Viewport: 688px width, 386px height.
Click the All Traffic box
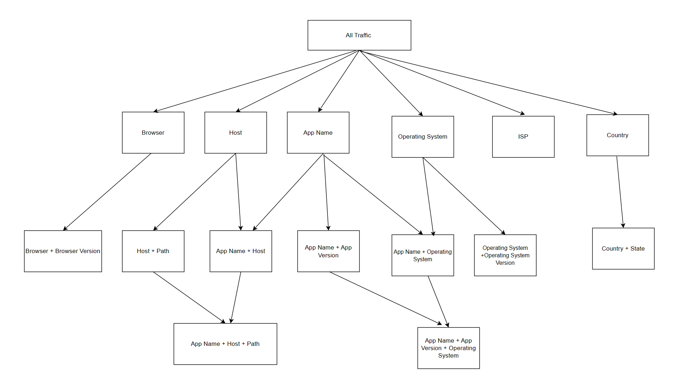tap(359, 35)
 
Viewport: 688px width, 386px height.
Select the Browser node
tap(153, 133)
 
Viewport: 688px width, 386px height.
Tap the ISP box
tap(523, 136)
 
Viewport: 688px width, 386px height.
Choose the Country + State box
tap(623, 248)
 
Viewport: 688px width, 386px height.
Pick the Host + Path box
tap(153, 251)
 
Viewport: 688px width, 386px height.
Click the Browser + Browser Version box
tap(63, 251)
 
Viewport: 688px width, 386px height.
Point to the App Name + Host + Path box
tap(225, 344)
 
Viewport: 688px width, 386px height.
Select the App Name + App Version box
tap(328, 251)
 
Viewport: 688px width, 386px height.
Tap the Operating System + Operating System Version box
tap(505, 255)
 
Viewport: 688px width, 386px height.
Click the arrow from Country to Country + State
tap(620, 192)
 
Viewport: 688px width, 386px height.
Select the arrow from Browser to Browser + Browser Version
tap(107, 192)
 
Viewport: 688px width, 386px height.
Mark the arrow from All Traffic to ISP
tap(442, 82)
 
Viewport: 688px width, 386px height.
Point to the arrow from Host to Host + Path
tap(194, 192)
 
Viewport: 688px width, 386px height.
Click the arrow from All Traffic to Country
tap(489, 82)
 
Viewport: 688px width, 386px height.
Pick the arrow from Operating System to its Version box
tap(464, 196)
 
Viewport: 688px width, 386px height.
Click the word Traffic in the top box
tap(363, 35)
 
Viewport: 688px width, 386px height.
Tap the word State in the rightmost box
tap(638, 248)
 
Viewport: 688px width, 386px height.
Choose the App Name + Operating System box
tap(422, 255)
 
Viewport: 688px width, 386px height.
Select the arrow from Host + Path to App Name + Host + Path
tap(189, 297)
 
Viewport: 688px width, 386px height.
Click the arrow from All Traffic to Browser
tap(256, 81)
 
